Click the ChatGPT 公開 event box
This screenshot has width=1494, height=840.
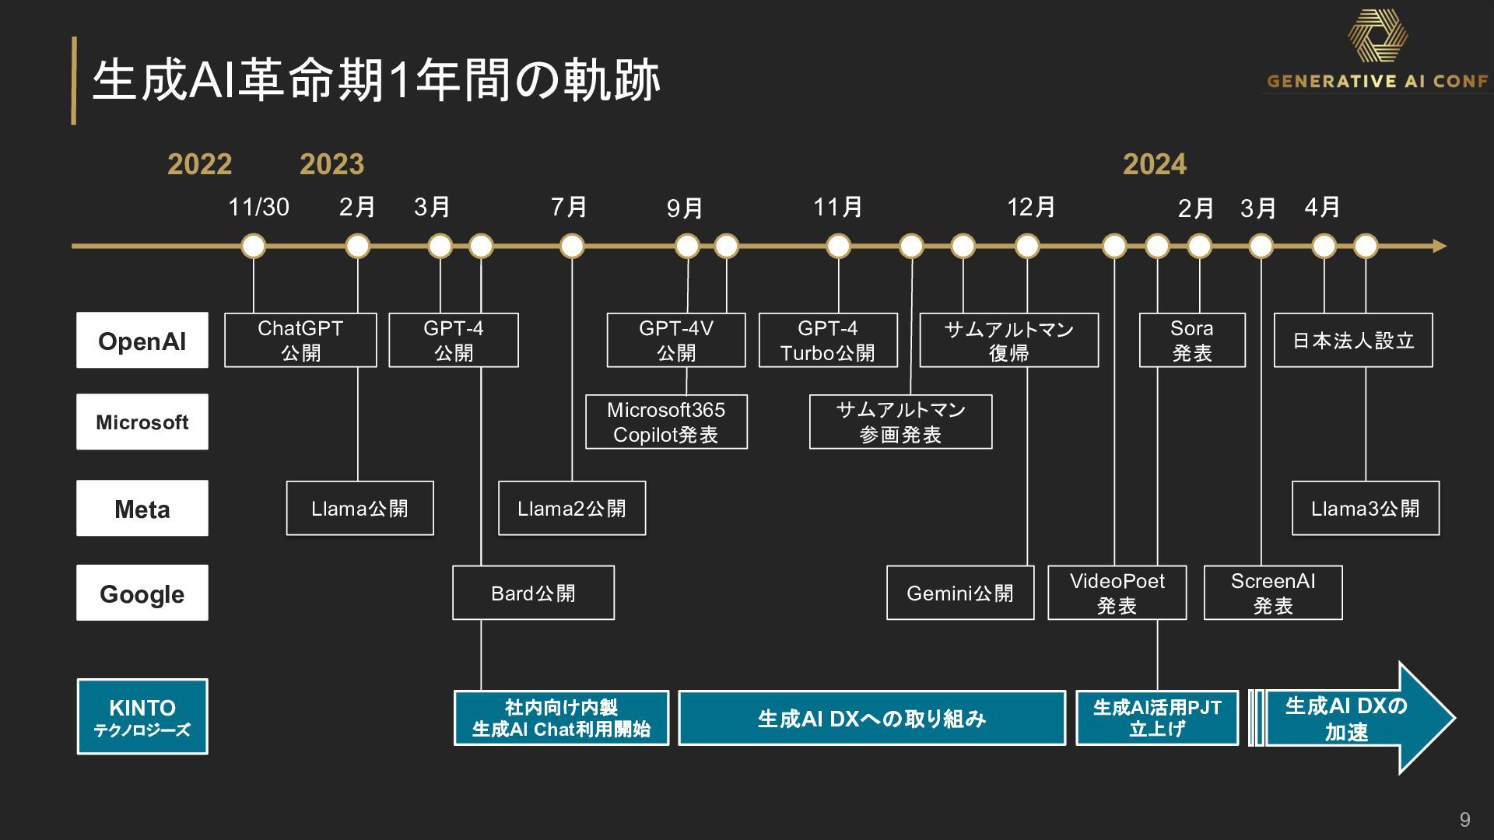300,340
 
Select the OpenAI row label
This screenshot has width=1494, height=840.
142,341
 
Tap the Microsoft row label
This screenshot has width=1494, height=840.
142,422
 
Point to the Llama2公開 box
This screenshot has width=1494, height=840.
572,509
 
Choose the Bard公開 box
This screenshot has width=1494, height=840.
533,593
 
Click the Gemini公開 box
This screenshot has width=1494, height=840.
960,593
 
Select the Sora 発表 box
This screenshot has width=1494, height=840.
1192,340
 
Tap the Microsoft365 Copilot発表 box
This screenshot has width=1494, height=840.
666,422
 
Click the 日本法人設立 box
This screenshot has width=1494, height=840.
1353,340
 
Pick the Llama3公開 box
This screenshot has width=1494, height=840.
1366,509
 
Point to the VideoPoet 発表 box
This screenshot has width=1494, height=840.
1117,593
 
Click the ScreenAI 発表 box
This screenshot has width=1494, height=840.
1273,593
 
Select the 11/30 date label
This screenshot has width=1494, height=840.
258,207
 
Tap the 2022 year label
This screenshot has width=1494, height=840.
200,164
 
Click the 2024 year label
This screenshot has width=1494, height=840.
1155,164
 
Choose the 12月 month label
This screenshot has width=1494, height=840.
1031,207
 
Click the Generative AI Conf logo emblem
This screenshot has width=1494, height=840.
1378,37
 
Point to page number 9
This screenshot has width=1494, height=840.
1465,820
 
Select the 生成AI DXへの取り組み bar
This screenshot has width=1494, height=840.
871,718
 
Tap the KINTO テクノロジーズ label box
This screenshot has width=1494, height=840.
142,716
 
